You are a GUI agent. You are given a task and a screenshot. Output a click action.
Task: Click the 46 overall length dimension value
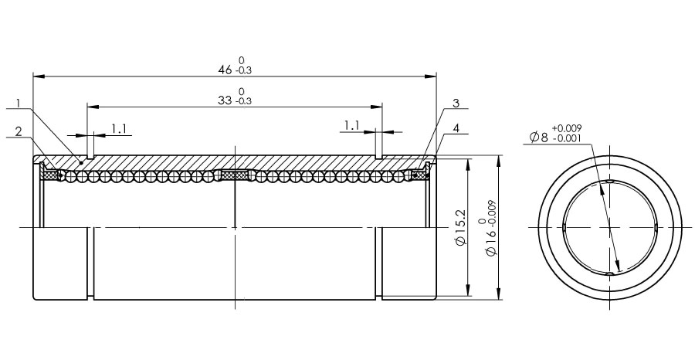pos(225,70)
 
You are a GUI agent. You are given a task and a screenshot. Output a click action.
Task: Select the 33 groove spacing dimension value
pos(225,100)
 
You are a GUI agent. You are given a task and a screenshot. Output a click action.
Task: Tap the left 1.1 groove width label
pos(119,129)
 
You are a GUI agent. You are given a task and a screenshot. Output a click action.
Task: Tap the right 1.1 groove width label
pos(351,126)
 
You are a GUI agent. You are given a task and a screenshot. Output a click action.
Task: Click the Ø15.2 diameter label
pos(461,226)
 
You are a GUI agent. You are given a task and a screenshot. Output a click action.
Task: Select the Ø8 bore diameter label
pos(539,138)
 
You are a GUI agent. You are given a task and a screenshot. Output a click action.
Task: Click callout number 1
pos(19,104)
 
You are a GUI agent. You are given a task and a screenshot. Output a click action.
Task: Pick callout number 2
pos(19,131)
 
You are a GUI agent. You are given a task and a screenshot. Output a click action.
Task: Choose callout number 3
pos(456,104)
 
